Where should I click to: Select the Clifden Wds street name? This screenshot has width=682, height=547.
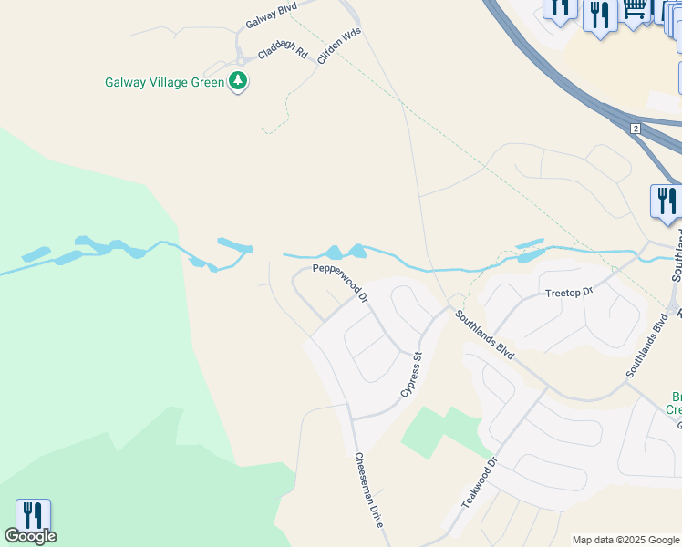[340, 44]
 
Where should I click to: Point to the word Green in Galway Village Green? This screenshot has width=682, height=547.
[207, 82]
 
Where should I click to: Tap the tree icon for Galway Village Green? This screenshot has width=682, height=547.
[238, 81]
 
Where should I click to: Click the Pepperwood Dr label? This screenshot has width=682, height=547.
[340, 283]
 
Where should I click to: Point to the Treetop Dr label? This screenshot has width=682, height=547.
[569, 293]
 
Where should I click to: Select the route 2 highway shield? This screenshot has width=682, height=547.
[635, 129]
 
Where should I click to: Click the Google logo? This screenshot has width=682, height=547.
[30, 536]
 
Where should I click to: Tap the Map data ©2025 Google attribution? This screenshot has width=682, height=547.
[626, 540]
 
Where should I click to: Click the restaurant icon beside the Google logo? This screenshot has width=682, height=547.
[32, 513]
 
